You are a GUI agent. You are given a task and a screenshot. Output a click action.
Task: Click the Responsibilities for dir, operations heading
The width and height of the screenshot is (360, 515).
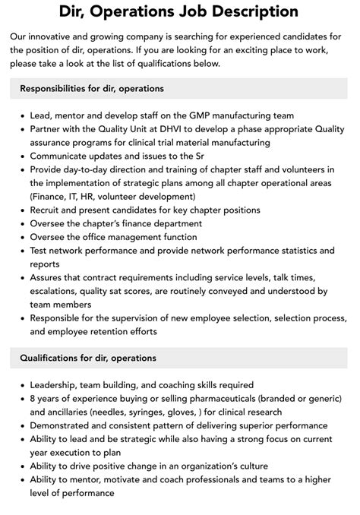point(91,89)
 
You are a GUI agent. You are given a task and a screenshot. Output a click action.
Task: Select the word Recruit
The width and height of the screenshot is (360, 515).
point(47,210)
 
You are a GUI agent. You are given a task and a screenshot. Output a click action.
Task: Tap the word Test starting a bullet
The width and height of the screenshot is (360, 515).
point(41,250)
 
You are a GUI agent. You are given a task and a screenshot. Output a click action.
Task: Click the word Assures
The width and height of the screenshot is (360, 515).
point(49,277)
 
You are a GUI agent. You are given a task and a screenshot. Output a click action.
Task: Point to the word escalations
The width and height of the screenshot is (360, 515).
point(58,291)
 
